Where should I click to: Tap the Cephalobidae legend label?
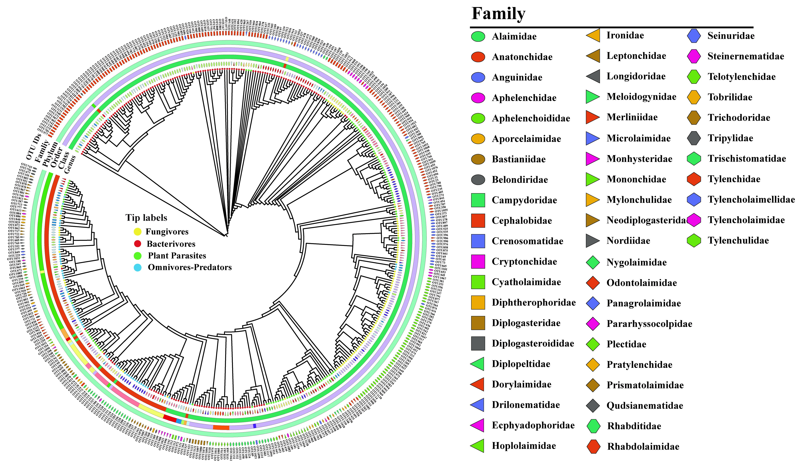click(522, 221)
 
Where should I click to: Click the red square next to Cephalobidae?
click(478, 221)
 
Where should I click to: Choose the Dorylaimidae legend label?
click(521, 384)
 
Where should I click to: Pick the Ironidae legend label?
click(625, 35)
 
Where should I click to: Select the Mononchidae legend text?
click(636, 179)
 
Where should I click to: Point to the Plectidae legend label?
click(626, 344)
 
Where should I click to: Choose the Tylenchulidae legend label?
click(738, 241)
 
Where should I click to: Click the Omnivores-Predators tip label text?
click(189, 267)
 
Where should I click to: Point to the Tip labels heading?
click(146, 218)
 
